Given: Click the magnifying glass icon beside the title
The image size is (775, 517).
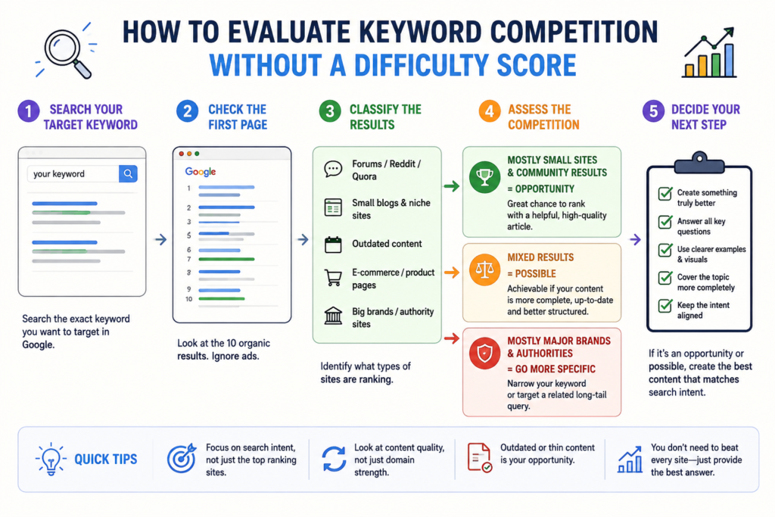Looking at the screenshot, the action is point(65,51).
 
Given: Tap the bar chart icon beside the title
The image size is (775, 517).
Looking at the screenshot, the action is point(710,54).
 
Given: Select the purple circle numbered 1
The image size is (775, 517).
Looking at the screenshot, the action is point(29,111).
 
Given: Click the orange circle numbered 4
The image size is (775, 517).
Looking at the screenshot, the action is point(490,111).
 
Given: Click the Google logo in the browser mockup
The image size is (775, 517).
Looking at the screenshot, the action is point(200,172).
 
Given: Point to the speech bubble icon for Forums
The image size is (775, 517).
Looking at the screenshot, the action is point(333,170).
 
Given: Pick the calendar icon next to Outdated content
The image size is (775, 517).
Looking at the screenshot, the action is point(333,244).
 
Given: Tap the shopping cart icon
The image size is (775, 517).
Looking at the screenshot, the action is point(333,278).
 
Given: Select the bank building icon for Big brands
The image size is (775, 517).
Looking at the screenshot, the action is point(333,316).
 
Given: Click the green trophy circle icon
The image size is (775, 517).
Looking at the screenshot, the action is point(484,177).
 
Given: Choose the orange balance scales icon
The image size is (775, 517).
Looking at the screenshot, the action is point(484,270).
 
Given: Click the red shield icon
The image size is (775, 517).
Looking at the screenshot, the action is point(484,353).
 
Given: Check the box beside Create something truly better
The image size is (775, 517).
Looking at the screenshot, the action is point(665,193).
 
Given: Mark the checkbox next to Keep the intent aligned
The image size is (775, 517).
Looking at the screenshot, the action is point(665,306).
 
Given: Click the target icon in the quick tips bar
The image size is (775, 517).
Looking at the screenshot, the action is point(182,458).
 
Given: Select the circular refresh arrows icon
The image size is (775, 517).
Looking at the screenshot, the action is point(334,459).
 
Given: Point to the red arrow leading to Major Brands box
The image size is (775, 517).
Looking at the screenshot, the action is point(452,338).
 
